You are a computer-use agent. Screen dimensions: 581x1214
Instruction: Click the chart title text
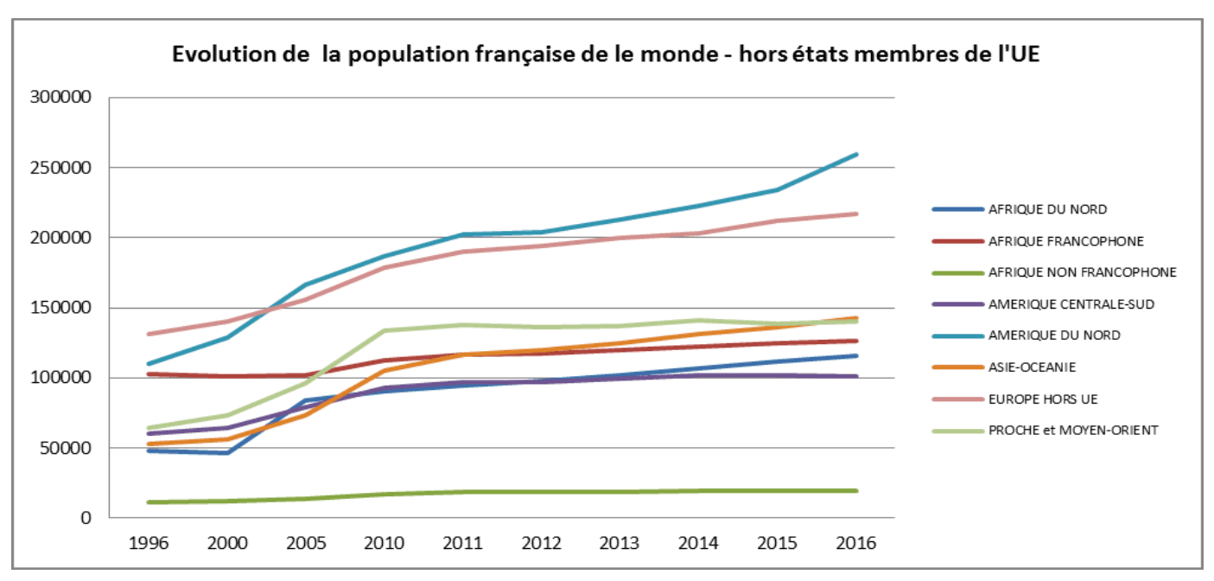pyautogui.click(x=606, y=54)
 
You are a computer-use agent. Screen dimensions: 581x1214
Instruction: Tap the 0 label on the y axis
pyautogui.click(x=84, y=519)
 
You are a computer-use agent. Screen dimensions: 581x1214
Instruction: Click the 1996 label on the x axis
pyautogui.click(x=149, y=544)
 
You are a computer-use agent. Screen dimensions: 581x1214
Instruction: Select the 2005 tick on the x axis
pyautogui.click(x=306, y=544)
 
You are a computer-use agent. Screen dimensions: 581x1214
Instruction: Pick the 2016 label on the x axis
pyautogui.click(x=856, y=544)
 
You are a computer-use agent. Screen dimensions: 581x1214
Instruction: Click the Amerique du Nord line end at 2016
pyautogui.click(x=856, y=155)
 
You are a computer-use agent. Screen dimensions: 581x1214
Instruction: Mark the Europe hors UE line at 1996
pyautogui.click(x=149, y=334)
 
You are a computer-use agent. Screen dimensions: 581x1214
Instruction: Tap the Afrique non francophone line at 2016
pyautogui.click(x=856, y=490)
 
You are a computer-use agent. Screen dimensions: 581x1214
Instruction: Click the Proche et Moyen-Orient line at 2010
pyautogui.click(x=385, y=330)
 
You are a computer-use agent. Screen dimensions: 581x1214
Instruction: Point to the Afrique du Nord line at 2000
pyautogui.click(x=227, y=452)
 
